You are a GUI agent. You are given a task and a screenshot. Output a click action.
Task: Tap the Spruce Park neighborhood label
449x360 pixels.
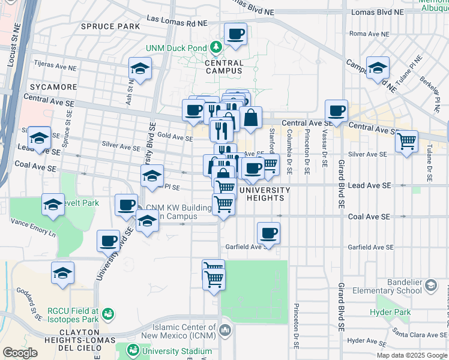(x=110, y=26)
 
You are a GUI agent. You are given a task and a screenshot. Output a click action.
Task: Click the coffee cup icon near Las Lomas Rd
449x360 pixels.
(x=236, y=34)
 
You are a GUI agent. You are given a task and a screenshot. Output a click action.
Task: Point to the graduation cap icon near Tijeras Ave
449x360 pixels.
(x=140, y=68)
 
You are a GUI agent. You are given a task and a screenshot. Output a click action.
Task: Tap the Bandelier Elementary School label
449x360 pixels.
(x=393, y=285)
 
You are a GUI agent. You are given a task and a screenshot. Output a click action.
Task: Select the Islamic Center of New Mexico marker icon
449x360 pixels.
(x=224, y=329)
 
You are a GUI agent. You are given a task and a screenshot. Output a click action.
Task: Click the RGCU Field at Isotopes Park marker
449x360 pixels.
(x=108, y=313)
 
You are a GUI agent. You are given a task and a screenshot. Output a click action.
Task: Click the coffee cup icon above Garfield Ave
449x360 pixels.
(x=268, y=233)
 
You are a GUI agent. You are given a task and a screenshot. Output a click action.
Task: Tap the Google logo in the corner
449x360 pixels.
(x=20, y=352)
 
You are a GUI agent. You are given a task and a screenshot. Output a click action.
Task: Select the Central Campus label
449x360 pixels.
(x=224, y=67)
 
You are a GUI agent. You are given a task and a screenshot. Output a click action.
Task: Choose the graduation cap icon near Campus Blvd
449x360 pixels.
(x=378, y=68)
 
